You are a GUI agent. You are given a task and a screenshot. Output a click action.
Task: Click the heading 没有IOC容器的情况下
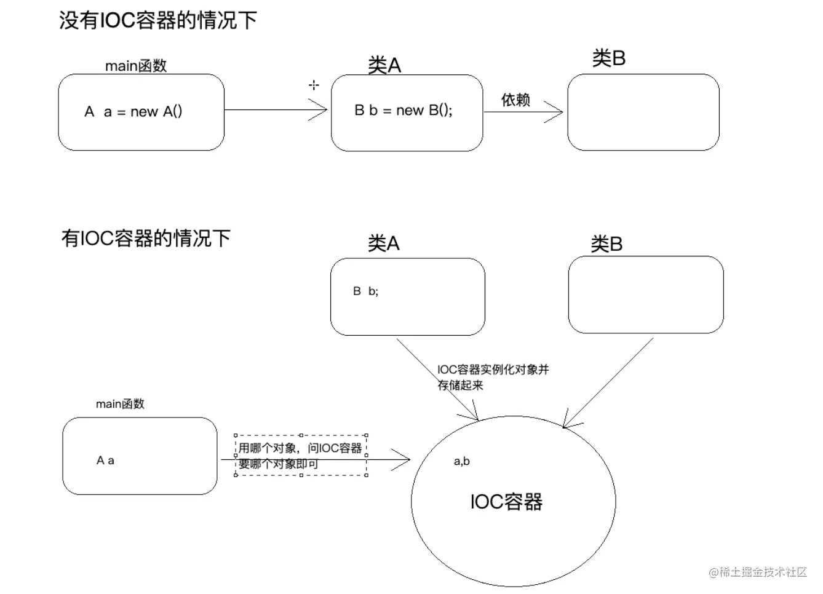[157, 20]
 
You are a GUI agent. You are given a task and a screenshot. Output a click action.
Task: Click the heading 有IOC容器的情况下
[146, 238]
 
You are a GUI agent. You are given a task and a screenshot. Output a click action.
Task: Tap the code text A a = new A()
[133, 112]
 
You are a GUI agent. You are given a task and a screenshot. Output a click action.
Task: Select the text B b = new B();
[404, 111]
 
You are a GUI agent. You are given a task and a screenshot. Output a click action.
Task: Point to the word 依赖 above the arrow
[515, 100]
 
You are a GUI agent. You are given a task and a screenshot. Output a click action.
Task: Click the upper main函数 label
[136, 66]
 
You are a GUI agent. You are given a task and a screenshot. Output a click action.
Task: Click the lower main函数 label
[120, 404]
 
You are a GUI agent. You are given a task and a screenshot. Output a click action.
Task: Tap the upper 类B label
[609, 58]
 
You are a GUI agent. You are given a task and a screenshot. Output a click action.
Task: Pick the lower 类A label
[384, 244]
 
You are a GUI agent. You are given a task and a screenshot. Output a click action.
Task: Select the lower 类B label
[606, 244]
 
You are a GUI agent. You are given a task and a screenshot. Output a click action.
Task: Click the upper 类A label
[384, 65]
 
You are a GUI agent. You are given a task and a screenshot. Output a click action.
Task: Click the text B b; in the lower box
[365, 291]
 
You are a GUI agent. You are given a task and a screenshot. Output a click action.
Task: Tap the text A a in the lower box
[105, 461]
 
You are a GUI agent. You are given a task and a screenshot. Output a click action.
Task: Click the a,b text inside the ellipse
[461, 461]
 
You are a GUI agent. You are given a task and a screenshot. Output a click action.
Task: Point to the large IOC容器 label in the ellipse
[506, 502]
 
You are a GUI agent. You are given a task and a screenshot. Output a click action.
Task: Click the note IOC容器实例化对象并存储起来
[492, 377]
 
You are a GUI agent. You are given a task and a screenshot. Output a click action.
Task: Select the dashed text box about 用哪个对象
[301, 456]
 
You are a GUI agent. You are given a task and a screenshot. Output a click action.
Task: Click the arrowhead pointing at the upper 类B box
[557, 113]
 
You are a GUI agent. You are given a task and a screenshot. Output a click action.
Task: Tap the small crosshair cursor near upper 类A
[314, 85]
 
